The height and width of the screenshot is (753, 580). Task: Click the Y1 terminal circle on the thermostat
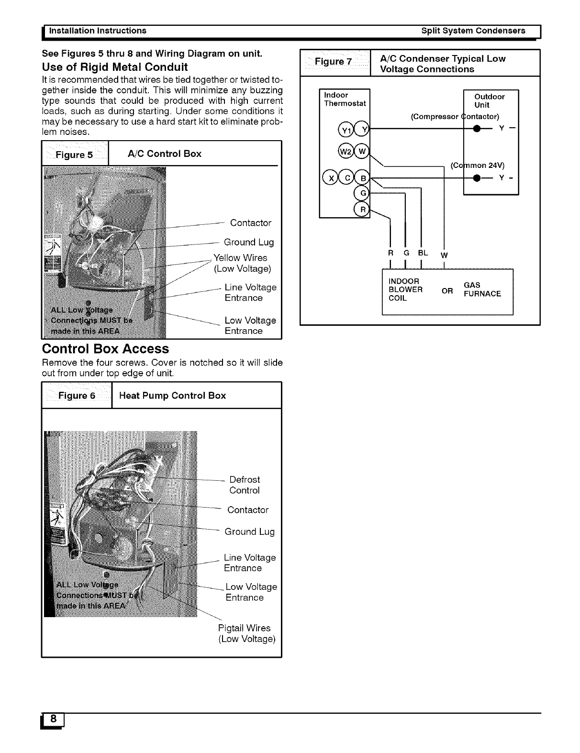pos(345,130)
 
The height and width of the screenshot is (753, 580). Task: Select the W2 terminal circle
pos(345,152)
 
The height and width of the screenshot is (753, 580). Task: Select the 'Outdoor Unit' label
pos(489,101)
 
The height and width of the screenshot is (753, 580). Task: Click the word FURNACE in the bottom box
pos(482,294)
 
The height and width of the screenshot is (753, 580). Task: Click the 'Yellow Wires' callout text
pos(240,258)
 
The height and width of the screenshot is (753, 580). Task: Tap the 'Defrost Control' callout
pos(245,485)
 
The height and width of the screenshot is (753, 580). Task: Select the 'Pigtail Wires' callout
pos(244,628)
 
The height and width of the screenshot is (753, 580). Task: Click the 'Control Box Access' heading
pos(106,349)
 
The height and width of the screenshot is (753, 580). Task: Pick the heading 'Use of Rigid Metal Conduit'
pos(115,66)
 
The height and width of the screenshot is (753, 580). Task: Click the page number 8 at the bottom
pos(53,720)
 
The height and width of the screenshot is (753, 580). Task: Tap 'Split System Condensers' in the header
pos(473,31)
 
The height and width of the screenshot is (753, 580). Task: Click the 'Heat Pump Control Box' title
pos(172,396)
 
